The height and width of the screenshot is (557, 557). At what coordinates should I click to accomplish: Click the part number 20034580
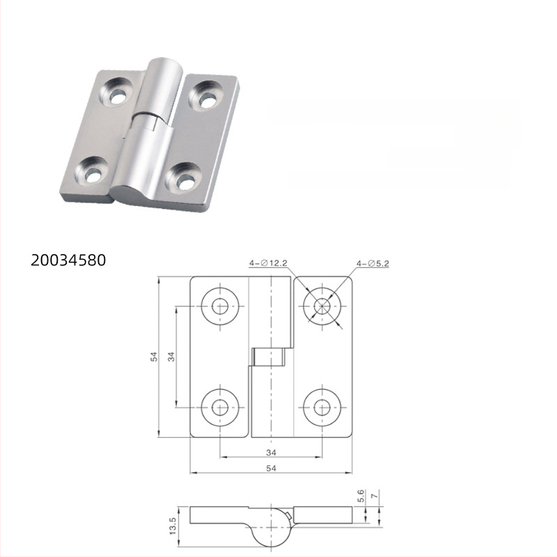[68, 260]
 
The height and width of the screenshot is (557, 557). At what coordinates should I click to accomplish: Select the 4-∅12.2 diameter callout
[269, 263]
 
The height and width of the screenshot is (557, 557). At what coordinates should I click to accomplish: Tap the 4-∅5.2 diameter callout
[374, 263]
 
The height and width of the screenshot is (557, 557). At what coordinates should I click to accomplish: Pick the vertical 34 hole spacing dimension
[171, 356]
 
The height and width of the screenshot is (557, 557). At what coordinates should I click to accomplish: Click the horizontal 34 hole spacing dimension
[271, 453]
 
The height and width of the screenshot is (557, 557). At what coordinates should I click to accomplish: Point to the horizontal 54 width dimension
[271, 469]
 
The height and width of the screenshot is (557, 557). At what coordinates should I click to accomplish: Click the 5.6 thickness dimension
[361, 496]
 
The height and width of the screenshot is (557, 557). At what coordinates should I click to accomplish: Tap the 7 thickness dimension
[376, 495]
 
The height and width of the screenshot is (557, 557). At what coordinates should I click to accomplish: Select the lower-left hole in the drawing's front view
[221, 405]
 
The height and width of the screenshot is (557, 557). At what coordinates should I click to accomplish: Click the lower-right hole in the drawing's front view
[322, 405]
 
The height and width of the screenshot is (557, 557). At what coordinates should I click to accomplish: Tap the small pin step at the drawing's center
[268, 357]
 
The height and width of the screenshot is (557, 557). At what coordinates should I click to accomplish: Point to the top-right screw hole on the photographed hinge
[207, 97]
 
